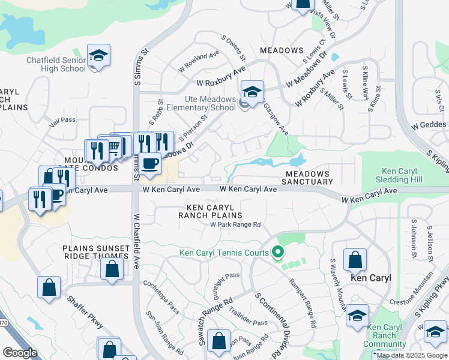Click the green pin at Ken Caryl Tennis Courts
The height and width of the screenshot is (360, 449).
[x=278, y=252]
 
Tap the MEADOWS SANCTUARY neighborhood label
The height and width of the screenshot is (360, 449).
[x=308, y=177]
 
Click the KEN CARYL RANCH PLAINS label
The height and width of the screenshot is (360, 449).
[x=210, y=211]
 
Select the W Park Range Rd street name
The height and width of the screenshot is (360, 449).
[x=235, y=225]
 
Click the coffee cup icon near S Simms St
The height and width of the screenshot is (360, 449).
[x=151, y=163]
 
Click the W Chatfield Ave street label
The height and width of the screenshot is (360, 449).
[x=136, y=241]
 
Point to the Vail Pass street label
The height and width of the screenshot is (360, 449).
[x=62, y=120]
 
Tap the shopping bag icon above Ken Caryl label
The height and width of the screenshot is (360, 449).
[x=355, y=260]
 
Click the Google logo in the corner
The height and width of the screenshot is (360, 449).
[x=20, y=353]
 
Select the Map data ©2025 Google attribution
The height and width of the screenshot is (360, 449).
[x=412, y=356]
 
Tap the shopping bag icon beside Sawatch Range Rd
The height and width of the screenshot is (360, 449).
[x=219, y=340]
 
